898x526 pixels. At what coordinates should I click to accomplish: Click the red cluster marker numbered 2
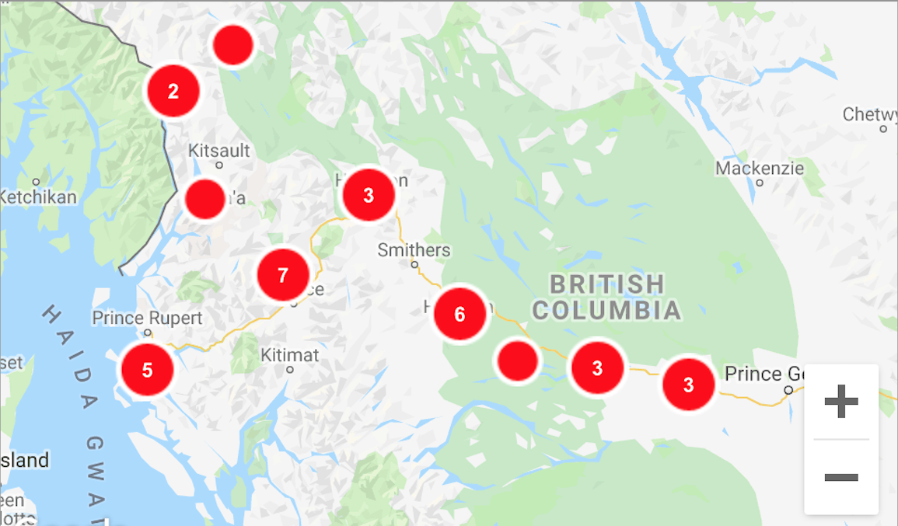173,91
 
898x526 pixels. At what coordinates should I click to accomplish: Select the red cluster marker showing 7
283,274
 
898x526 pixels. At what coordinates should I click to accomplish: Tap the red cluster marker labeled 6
459,314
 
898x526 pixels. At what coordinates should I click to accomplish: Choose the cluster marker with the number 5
147,370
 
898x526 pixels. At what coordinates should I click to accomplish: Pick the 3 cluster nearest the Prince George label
688,384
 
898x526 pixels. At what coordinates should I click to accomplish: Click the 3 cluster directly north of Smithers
369,195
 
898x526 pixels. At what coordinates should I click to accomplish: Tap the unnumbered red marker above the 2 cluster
233,45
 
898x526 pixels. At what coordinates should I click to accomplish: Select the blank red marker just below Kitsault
205,199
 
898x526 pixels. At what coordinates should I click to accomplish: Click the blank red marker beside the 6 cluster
518,361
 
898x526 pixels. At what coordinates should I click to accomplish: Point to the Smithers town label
414,250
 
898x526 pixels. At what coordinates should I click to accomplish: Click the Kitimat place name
289,355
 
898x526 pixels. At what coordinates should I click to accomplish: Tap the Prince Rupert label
147,318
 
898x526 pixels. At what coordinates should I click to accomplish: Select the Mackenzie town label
760,169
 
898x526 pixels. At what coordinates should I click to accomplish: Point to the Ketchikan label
37,197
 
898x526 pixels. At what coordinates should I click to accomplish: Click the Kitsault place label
219,150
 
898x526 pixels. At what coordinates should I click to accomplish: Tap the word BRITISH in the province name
606,284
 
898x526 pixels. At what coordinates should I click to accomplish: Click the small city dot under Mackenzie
760,183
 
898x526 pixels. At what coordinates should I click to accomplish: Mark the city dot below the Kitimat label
290,370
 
